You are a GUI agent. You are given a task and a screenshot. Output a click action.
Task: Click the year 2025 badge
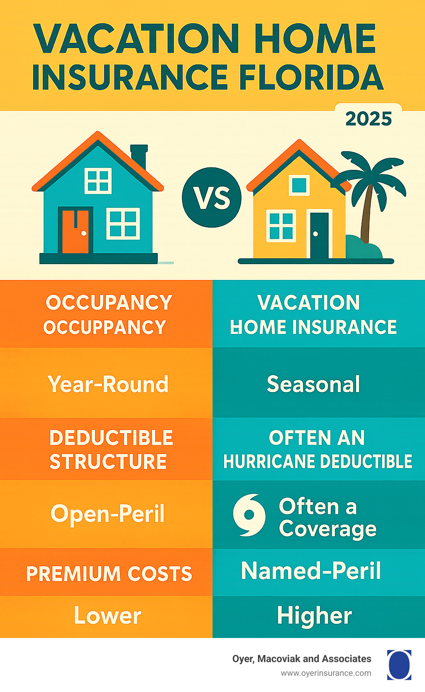click(x=369, y=119)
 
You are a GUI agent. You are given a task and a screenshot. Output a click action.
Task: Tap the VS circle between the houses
click(x=212, y=198)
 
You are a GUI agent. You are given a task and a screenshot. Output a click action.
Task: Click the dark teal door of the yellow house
click(x=319, y=235)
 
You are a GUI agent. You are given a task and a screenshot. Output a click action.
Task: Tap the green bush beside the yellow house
click(x=363, y=248)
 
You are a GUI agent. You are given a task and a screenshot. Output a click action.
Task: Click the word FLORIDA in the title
click(x=311, y=78)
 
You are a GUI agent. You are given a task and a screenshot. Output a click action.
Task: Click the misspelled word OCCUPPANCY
click(x=105, y=327)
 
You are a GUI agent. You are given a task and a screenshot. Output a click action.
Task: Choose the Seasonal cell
click(x=313, y=384)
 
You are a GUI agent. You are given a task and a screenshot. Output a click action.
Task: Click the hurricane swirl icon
click(x=249, y=515)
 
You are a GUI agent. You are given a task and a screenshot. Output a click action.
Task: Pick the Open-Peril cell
click(x=107, y=513)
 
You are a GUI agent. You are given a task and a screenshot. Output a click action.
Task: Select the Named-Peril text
click(x=311, y=571)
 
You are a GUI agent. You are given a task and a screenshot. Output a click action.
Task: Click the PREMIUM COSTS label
click(x=109, y=574)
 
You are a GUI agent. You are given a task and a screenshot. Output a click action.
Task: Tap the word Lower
click(x=107, y=616)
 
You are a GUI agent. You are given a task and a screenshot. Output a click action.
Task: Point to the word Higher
click(x=314, y=616)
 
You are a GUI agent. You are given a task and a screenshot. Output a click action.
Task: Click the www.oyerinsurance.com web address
click(x=326, y=673)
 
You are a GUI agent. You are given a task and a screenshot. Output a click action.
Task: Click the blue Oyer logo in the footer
click(x=399, y=665)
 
